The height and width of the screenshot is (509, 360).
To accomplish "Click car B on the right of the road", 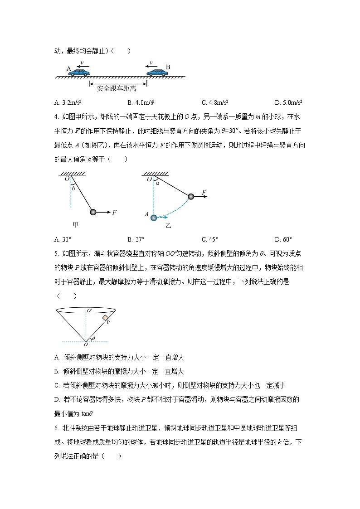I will tap(156, 72).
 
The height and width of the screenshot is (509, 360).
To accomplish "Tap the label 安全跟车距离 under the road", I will tap(117, 88).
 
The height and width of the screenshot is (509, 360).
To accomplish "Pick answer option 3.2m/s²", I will tap(67, 102).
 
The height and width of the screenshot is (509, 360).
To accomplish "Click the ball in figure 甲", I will tap(93, 212).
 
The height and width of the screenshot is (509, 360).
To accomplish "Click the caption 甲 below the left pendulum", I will tap(76, 224).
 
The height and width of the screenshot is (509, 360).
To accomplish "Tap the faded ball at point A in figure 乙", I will tap(154, 218).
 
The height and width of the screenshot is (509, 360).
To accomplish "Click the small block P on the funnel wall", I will tap(105, 318).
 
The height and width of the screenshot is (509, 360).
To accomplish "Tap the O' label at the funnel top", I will tap(90, 310).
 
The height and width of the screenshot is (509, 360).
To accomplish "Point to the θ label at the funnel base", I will tap(93, 338).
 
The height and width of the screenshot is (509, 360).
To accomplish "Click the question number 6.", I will tap(56, 428).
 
